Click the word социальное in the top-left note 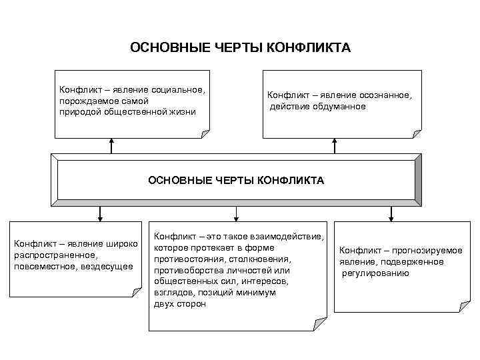[x=179, y=89]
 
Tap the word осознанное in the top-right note [x=385, y=95]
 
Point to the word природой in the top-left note [x=79, y=111]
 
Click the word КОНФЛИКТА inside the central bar [x=291, y=180]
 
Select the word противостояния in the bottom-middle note [x=189, y=259]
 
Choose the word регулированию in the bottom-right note [x=375, y=273]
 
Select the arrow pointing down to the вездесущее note [x=99, y=213]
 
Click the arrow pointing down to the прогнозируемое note [x=391, y=213]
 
